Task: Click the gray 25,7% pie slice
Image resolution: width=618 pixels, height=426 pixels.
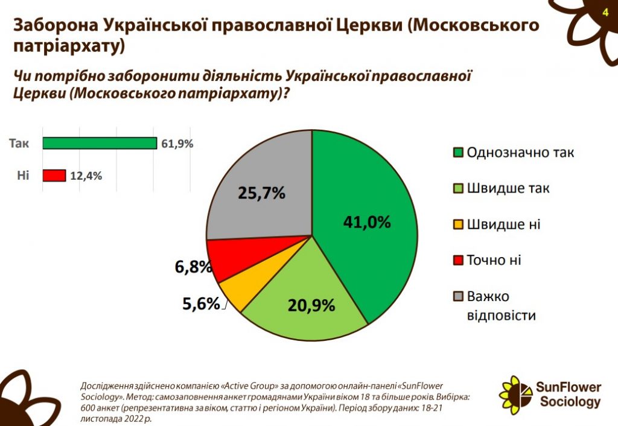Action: click(x=260, y=181)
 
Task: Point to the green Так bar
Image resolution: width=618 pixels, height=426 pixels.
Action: click(x=100, y=143)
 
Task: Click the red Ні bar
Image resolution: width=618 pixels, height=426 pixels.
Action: click(x=54, y=176)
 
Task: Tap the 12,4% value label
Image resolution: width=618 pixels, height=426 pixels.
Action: click(x=86, y=176)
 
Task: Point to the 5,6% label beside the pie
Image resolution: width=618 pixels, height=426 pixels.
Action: click(x=201, y=304)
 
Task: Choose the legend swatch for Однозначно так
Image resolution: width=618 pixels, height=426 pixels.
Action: click(x=458, y=153)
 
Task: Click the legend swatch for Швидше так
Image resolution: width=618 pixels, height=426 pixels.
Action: click(x=458, y=189)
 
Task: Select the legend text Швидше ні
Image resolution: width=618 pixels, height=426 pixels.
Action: click(x=503, y=224)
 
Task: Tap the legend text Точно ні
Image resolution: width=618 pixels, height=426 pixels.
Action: click(x=494, y=260)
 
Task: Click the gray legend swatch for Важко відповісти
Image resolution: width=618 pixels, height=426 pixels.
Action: click(x=458, y=296)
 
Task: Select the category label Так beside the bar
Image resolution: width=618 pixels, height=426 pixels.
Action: click(x=19, y=143)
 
